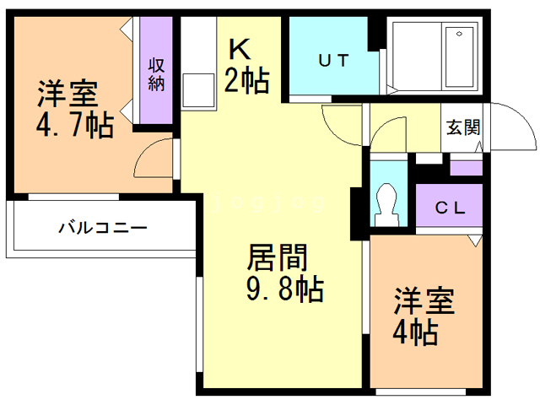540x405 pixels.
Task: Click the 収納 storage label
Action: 158,73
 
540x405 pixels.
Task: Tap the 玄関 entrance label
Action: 462,127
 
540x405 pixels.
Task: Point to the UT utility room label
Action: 335,60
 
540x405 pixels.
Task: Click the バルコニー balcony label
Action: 103,228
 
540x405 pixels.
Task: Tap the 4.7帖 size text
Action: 74,126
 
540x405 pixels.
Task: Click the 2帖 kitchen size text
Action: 246,81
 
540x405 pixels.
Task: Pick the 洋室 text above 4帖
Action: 424,300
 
